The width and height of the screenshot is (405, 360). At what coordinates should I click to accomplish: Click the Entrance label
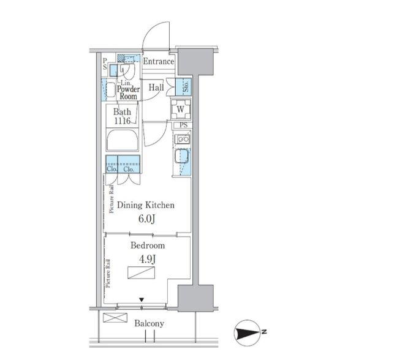click(158, 61)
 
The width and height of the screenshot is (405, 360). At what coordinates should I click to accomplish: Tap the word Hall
click(156, 87)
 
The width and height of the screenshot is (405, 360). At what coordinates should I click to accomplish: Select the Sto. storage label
click(186, 86)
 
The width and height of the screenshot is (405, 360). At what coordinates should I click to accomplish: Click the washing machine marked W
click(181, 109)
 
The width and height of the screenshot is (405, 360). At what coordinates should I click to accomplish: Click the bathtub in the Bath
click(123, 140)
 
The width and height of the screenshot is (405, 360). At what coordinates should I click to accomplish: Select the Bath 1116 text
click(123, 116)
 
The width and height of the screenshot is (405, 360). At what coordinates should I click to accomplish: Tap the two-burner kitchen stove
click(182, 139)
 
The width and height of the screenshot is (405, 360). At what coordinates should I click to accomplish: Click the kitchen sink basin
click(181, 156)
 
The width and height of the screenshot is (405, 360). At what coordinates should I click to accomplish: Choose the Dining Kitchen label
click(146, 205)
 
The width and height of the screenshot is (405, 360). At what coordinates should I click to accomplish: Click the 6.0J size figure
click(146, 219)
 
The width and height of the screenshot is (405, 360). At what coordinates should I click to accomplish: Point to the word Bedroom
click(148, 245)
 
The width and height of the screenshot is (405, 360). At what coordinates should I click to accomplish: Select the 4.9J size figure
click(147, 259)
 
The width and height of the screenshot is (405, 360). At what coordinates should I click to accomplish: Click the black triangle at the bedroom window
click(142, 300)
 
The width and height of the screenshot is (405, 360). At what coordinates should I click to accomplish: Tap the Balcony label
click(149, 324)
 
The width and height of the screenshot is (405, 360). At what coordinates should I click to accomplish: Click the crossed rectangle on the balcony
click(115, 318)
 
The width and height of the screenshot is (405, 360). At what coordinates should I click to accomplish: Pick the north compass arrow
click(247, 333)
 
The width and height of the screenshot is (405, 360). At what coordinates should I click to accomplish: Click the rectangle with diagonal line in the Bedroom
click(142, 273)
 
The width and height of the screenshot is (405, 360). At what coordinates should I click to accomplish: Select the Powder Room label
click(129, 92)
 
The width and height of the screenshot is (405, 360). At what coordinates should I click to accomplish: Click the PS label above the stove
click(183, 126)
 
